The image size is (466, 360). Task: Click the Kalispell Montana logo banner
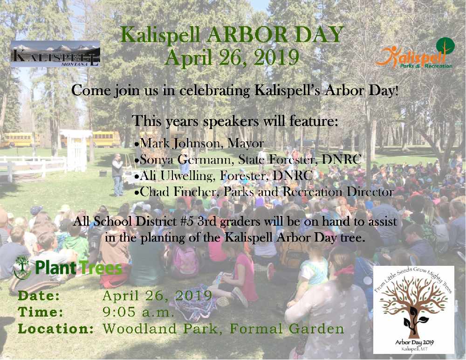tap(55, 54)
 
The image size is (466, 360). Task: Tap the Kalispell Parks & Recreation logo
tap(415, 53)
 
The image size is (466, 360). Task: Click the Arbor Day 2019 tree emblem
tap(414, 310)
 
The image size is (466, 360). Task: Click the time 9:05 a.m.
tap(138, 312)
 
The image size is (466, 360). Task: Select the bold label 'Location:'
tap(56, 329)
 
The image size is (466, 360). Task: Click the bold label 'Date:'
tap(39, 296)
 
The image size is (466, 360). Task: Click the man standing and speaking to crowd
tap(118, 175)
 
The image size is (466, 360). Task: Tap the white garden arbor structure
tap(76, 150)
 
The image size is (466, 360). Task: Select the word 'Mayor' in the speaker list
tap(246, 144)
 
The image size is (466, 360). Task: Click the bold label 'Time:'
tap(41, 312)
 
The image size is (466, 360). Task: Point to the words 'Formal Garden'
tap(287, 329)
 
